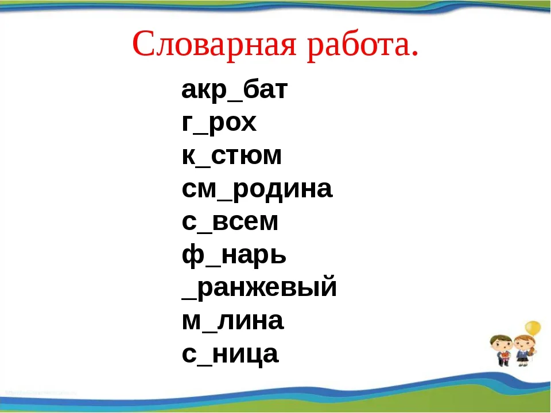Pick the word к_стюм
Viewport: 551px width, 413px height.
(231, 155)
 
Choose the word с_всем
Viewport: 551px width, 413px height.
(230, 222)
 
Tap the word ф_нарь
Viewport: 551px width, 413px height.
(234, 255)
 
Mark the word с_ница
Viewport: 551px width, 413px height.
(230, 354)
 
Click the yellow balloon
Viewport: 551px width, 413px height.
(533, 328)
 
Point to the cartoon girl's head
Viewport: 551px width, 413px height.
(524, 344)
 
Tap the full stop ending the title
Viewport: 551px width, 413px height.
(414, 53)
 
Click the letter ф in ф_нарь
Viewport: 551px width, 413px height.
(193, 256)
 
